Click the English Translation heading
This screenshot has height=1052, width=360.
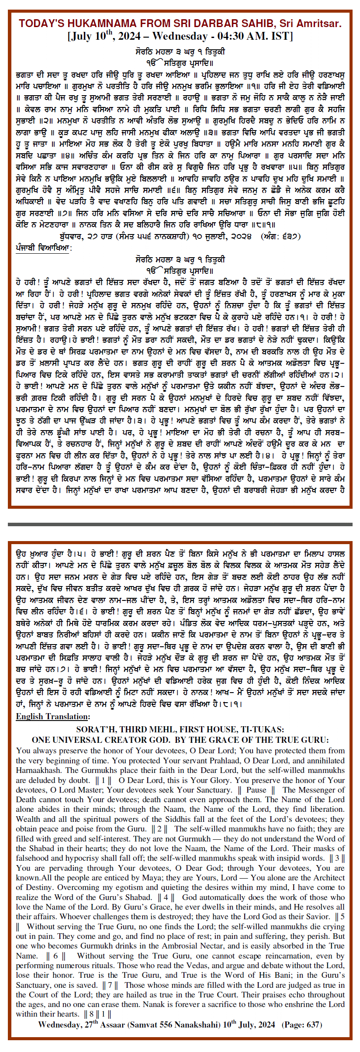coord(53,716)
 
